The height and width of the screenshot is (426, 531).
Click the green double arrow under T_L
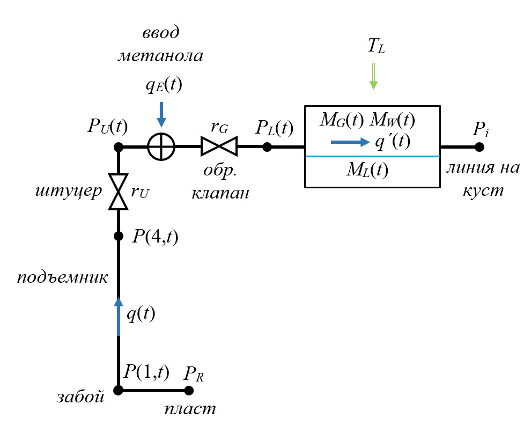click(x=373, y=76)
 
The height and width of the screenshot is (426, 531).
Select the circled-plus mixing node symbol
click(x=161, y=146)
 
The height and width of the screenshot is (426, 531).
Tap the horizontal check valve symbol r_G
click(x=219, y=146)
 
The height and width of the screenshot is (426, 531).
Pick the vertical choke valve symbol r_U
click(x=118, y=192)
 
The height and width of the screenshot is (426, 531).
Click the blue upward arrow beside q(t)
click(x=119, y=317)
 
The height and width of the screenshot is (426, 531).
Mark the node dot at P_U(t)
click(x=119, y=146)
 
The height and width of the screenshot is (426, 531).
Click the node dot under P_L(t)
click(x=267, y=146)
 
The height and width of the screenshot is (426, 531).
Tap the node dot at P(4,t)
click(x=119, y=236)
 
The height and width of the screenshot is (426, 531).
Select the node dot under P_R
click(x=188, y=391)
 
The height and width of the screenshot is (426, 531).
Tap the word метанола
click(x=161, y=56)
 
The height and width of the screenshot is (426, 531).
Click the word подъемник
click(x=63, y=278)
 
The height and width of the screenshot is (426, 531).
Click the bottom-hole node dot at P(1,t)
click(x=119, y=391)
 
